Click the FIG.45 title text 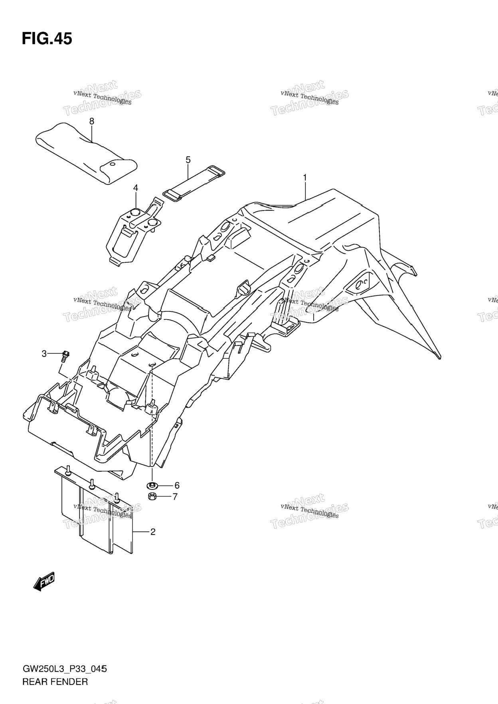[x=47, y=39]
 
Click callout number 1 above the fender [x=305, y=178]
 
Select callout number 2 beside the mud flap [x=152, y=531]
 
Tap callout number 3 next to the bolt [x=44, y=353]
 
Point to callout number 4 [x=136, y=187]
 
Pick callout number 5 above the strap [x=188, y=160]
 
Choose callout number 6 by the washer [x=176, y=485]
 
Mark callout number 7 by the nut [x=175, y=497]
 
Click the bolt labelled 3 [x=65, y=356]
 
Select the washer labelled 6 [x=152, y=486]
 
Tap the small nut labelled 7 [x=152, y=496]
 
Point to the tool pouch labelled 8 [x=86, y=153]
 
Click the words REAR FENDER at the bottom [x=55, y=682]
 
